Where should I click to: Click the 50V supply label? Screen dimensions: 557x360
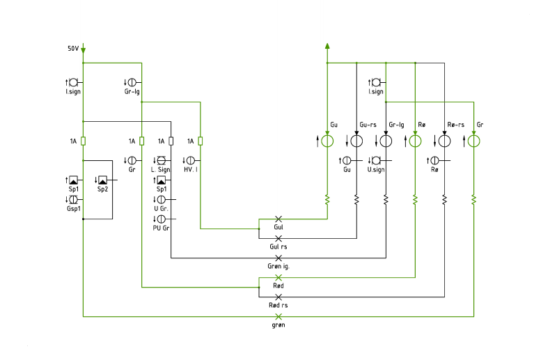click(x=73, y=48)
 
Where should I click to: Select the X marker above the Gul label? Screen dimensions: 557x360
click(x=278, y=219)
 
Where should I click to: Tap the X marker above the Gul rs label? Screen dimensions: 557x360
click(x=278, y=238)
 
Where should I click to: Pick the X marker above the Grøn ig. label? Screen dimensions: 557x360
click(x=278, y=258)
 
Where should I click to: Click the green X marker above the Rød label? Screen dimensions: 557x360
click(x=278, y=278)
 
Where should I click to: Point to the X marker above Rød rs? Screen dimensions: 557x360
click(x=278, y=297)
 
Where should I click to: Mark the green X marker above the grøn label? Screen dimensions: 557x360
click(x=278, y=317)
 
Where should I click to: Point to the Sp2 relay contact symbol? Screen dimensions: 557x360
click(x=102, y=180)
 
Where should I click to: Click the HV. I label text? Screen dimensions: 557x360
click(x=191, y=169)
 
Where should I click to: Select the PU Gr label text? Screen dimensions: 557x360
click(x=161, y=228)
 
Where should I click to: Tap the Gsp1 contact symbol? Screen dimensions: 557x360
click(x=73, y=200)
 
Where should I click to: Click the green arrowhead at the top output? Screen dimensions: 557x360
click(x=327, y=46)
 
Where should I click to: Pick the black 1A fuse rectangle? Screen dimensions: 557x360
click(x=171, y=141)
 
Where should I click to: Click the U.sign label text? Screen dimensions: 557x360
click(x=376, y=170)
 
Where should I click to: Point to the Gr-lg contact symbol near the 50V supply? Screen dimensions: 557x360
click(x=132, y=82)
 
